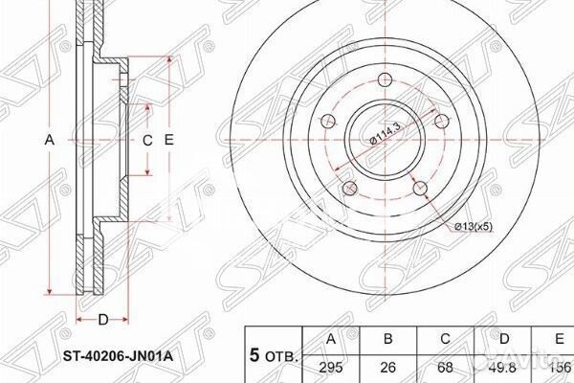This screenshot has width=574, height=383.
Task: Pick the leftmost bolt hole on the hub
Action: pyautogui.click(x=326, y=122)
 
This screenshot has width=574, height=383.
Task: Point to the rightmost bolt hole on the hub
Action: pyautogui.click(x=441, y=121)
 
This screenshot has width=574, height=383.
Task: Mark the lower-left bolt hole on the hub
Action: pyautogui.click(x=348, y=188)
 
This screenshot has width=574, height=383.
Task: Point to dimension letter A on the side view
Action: pyautogui.click(x=50, y=140)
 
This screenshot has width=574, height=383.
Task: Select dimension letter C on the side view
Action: pyautogui.click(x=147, y=140)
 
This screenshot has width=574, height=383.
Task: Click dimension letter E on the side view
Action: pyautogui.click(x=169, y=140)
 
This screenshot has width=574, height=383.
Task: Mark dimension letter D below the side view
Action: pyautogui.click(x=102, y=320)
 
